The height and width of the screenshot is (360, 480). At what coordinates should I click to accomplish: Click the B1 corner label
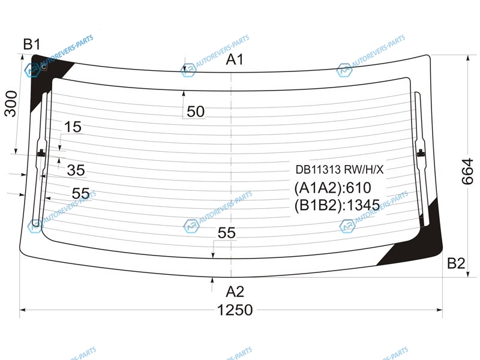(x=32, y=44)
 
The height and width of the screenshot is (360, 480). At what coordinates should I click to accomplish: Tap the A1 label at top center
(x=235, y=59)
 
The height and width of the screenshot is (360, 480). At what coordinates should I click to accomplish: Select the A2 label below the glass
(x=235, y=292)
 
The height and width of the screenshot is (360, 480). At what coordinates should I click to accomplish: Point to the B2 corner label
(x=456, y=263)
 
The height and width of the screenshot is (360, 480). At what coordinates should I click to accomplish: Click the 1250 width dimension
(x=235, y=310)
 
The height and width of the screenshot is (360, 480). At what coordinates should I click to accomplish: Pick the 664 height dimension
(x=467, y=171)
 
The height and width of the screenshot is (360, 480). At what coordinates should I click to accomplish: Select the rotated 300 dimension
(x=11, y=103)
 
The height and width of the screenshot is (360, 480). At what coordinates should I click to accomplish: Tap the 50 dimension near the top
(x=196, y=112)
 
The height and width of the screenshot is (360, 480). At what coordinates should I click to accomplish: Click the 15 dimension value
(x=73, y=127)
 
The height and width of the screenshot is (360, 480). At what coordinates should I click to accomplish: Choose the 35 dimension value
(x=76, y=170)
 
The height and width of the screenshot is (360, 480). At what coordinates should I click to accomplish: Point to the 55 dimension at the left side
(x=81, y=193)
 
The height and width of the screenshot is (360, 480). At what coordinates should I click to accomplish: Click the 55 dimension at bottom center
(x=227, y=233)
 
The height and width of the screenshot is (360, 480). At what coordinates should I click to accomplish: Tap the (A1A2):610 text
(x=333, y=188)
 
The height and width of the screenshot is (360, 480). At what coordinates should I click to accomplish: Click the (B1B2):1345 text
(x=337, y=205)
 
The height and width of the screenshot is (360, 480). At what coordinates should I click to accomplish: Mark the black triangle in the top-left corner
(x=46, y=77)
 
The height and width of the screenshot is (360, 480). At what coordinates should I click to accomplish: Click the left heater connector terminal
(x=41, y=153)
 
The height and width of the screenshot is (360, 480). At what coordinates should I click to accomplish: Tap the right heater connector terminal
(x=421, y=153)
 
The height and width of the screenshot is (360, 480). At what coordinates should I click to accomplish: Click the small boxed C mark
(x=44, y=67)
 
